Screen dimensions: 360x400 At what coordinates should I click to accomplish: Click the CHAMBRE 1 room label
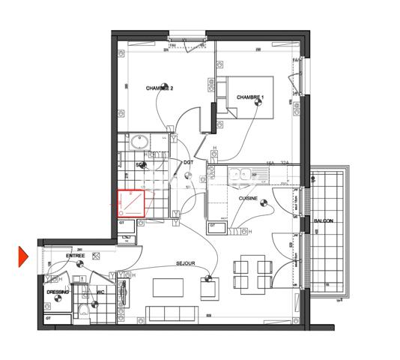click(251, 97)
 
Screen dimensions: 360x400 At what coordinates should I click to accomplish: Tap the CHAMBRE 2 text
click(159, 88)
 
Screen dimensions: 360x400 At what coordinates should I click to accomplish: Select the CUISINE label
click(249, 199)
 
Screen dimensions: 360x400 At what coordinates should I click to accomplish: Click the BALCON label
click(324, 222)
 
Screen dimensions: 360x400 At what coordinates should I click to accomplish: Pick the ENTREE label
click(75, 256)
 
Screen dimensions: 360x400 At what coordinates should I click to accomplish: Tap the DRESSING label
click(58, 292)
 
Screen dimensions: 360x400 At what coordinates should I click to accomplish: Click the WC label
click(100, 292)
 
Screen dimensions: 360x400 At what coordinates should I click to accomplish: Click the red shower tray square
click(132, 202)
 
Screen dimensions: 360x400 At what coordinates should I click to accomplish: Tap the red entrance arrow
click(22, 256)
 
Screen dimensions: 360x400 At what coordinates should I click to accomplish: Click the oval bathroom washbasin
click(139, 140)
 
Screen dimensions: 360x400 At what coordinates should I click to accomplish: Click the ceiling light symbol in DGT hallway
click(188, 177)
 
